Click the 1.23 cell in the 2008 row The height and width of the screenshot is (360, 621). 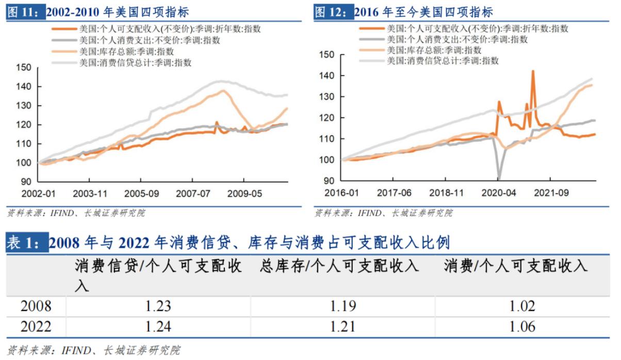click(158, 306)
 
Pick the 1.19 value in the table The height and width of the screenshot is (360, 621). click(343, 306)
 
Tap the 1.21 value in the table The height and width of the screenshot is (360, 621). click(343, 326)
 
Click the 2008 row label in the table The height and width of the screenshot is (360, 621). click(36, 306)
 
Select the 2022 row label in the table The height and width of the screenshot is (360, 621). click(36, 326)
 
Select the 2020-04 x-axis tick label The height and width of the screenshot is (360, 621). click(498, 192)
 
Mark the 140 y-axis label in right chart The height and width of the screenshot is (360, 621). click(328, 76)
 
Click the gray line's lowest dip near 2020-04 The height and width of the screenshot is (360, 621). click(499, 178)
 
